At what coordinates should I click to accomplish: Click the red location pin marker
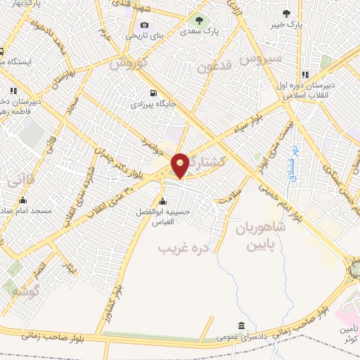(180, 164)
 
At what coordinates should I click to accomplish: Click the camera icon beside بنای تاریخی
(144, 25)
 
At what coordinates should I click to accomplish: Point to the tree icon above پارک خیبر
(286, 13)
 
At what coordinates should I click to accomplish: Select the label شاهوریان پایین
(257, 237)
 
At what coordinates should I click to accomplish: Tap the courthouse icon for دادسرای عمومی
(241, 326)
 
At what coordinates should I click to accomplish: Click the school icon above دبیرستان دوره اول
(304, 75)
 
